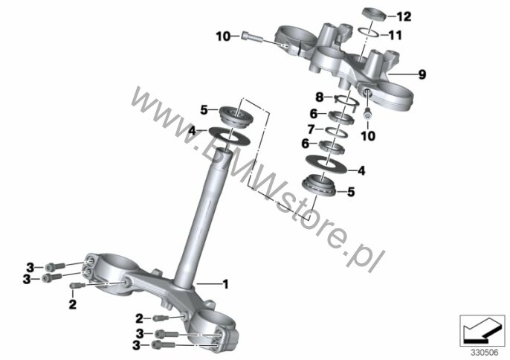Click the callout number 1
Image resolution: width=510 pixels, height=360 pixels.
click(x=225, y=284)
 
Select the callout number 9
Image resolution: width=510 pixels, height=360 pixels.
click(x=422, y=74)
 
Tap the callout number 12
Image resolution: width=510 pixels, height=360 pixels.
click(x=404, y=16)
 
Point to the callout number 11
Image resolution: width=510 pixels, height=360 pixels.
click(x=396, y=35)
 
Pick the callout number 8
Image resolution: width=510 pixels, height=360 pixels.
click(x=320, y=97)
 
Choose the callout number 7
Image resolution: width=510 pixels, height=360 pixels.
click(x=312, y=129)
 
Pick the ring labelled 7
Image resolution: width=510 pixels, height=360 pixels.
click(x=337, y=131)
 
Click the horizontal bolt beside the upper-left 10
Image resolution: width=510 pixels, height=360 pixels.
click(x=252, y=36)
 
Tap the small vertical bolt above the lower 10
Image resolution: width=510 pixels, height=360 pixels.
click(x=368, y=115)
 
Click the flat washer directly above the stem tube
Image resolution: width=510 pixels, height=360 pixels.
click(x=229, y=135)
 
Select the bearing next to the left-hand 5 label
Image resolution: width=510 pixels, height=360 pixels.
click(x=236, y=115)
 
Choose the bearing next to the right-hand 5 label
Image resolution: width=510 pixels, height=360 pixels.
click(x=320, y=184)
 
